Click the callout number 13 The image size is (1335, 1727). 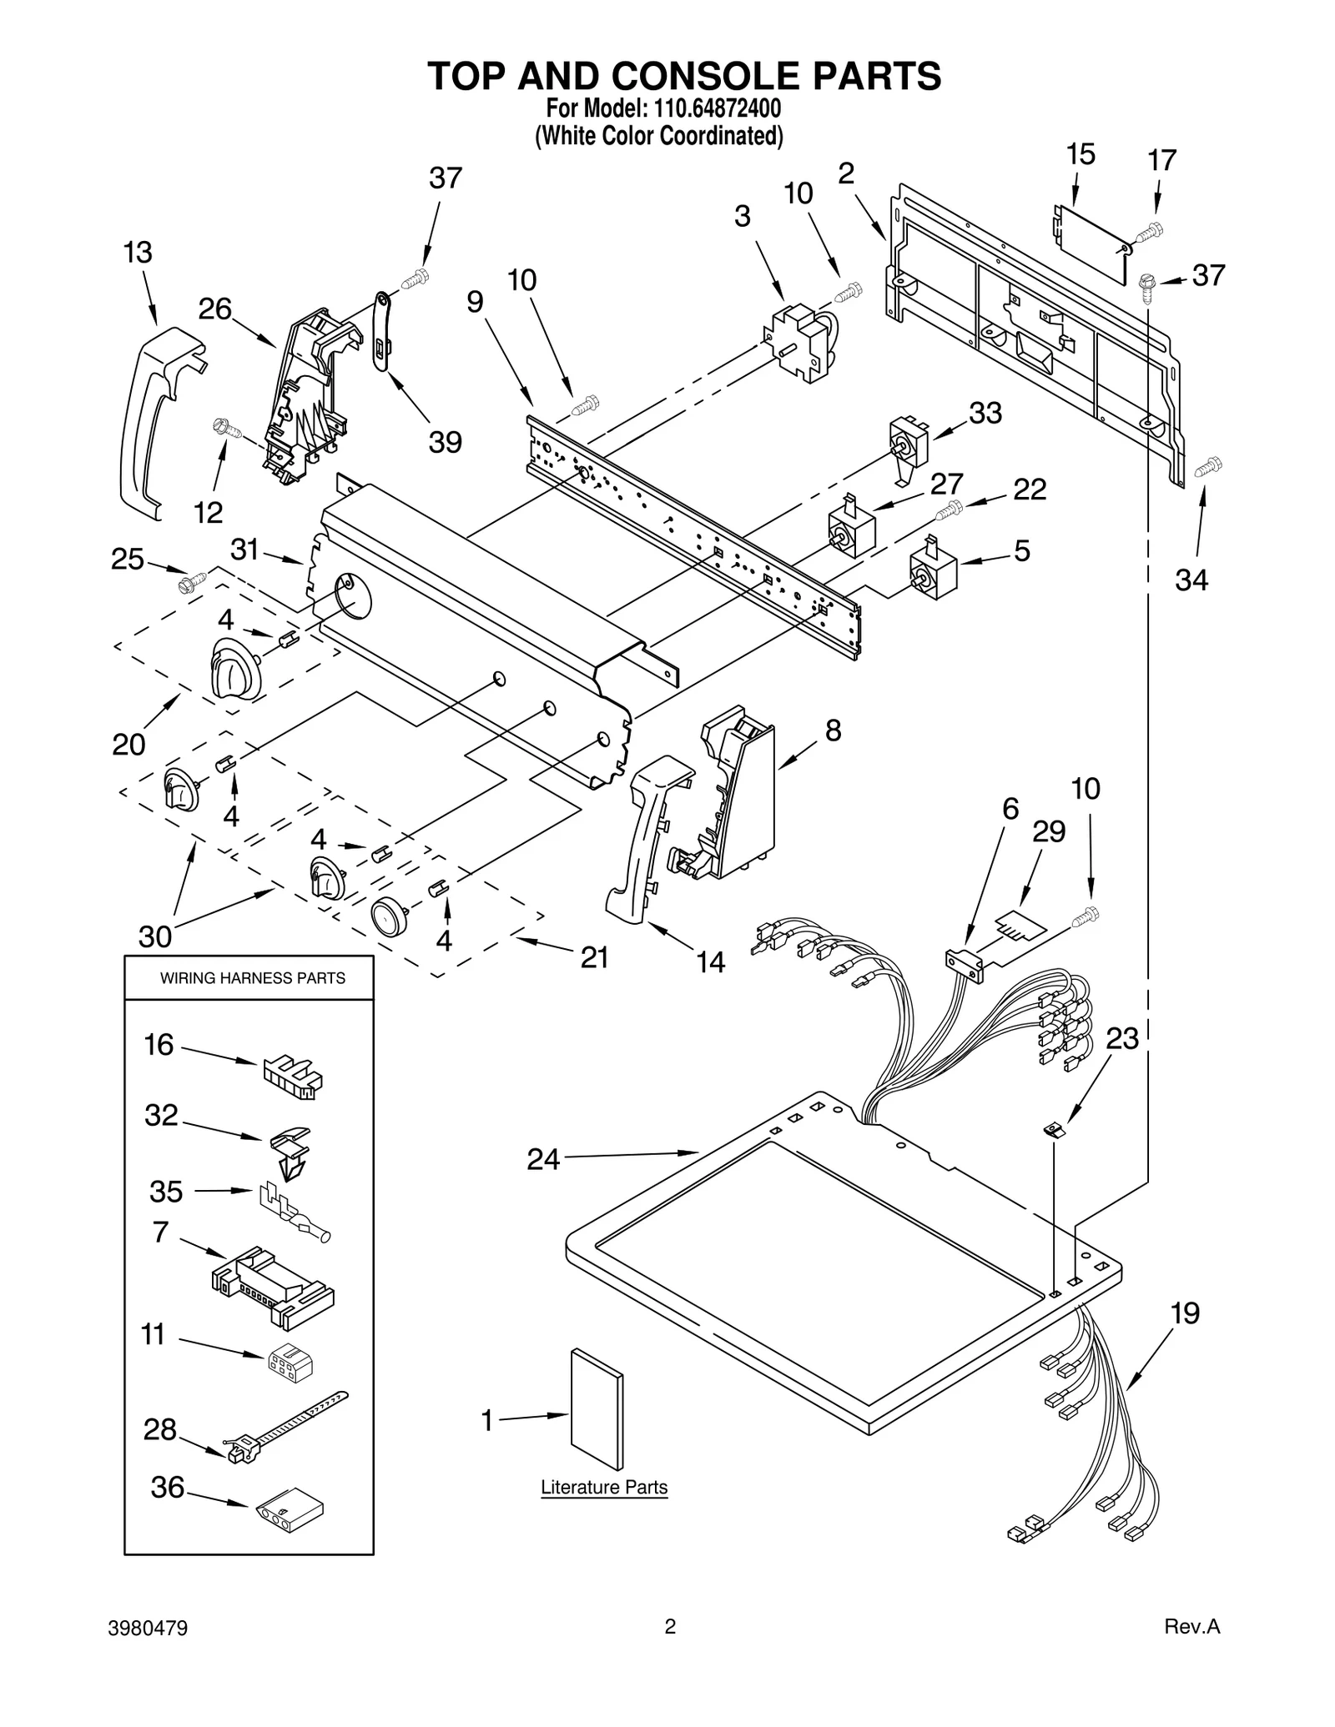coord(138,253)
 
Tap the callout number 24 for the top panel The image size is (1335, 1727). coord(543,1158)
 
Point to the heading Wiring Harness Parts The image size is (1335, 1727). coord(252,977)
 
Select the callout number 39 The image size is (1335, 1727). coord(445,442)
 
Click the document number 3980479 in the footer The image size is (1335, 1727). coord(148,1627)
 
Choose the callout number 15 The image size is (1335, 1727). coord(1081,155)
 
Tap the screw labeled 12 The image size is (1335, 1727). coord(227,429)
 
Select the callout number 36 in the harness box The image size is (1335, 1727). coord(167,1486)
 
